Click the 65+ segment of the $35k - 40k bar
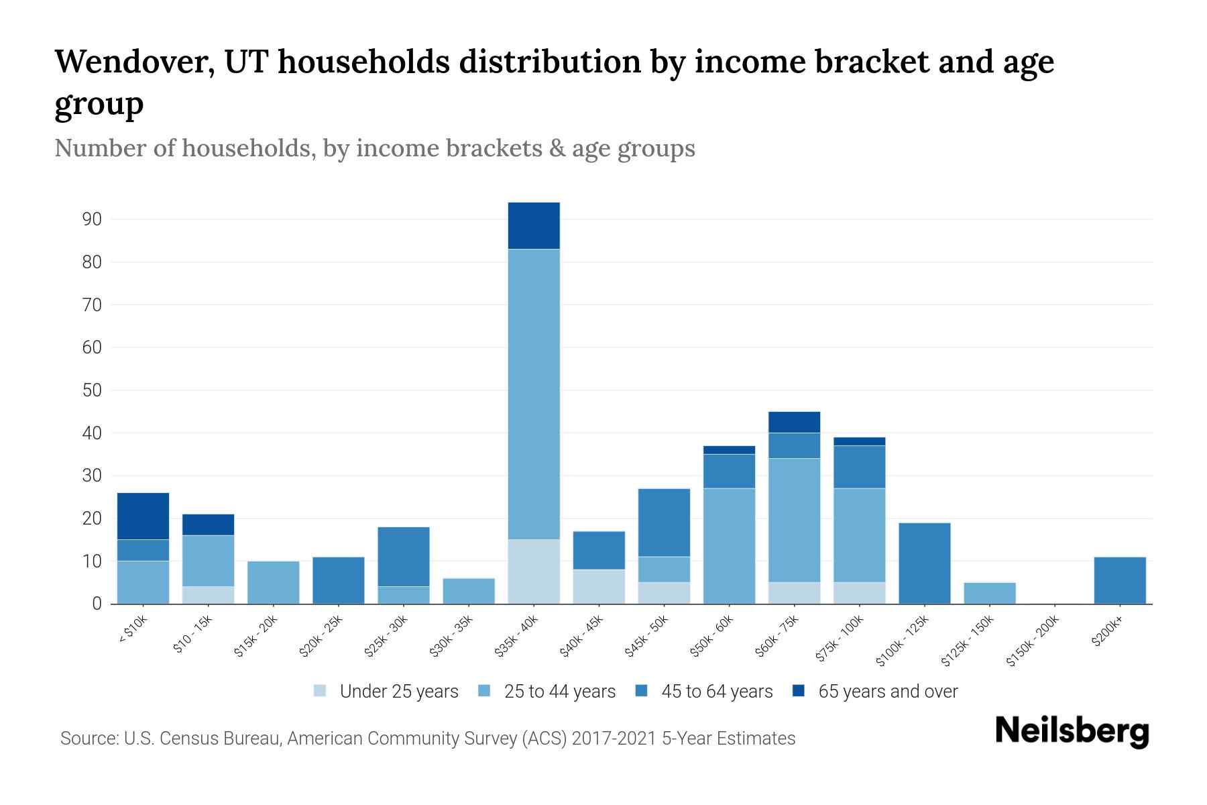click(534, 225)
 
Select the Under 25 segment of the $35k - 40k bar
click(534, 572)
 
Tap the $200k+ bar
click(1120, 580)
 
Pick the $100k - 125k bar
click(924, 563)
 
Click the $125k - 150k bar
click(989, 593)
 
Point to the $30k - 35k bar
click(469, 591)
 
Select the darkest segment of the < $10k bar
click(143, 516)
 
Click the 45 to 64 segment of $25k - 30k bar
click(404, 557)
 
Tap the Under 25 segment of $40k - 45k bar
click(599, 586)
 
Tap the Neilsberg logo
click(1072, 732)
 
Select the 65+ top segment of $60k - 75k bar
click(794, 422)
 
